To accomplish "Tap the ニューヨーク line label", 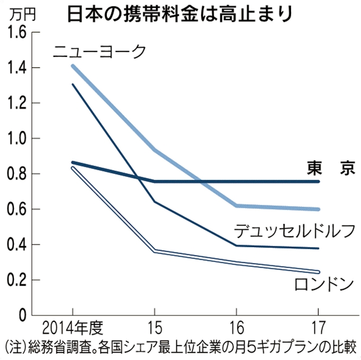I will (99, 52).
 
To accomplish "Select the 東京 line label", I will (330, 168).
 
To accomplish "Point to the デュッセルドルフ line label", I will (294, 231).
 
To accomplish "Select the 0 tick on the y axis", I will (21, 315).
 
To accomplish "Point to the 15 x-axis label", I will (154, 325).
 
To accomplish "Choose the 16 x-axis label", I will (236, 325).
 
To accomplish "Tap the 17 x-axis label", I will (317, 325).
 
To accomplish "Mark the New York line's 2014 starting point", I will (72, 66).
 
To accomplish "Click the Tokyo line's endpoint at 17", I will (318, 182).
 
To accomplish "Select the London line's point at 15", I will (154, 251).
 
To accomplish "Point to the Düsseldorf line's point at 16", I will (236, 245).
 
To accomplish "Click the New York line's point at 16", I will (236, 205).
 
